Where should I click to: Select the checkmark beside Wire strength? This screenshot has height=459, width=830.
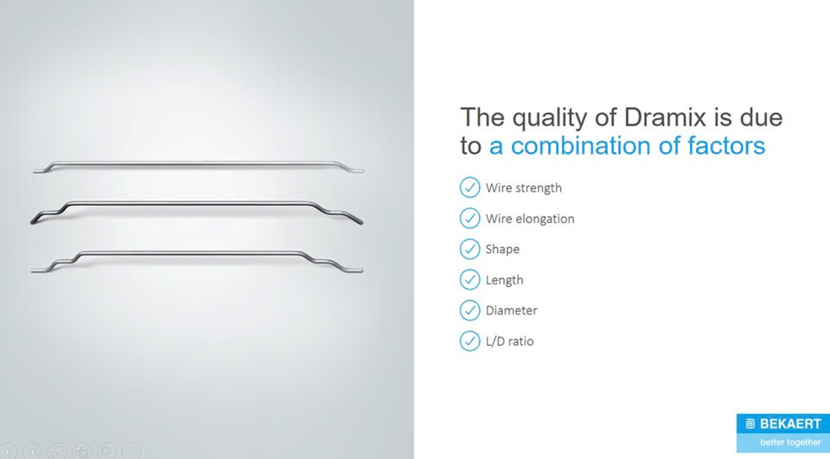click(x=470, y=187)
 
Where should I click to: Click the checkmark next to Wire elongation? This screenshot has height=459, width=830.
click(x=470, y=219)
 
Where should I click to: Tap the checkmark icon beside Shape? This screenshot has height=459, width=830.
click(x=470, y=249)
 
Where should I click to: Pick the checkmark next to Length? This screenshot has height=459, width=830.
click(x=470, y=279)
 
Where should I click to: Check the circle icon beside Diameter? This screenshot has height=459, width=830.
click(x=470, y=310)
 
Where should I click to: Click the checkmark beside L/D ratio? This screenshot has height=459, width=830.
click(x=470, y=341)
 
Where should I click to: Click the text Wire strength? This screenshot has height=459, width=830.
click(x=524, y=188)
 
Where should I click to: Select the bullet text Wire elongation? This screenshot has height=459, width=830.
click(x=530, y=219)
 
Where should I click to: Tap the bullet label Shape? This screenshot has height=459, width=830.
click(x=503, y=250)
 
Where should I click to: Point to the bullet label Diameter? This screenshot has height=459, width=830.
click(x=511, y=310)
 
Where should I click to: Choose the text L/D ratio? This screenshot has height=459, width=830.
click(x=509, y=342)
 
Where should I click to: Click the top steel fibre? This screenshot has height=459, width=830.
click(x=198, y=164)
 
